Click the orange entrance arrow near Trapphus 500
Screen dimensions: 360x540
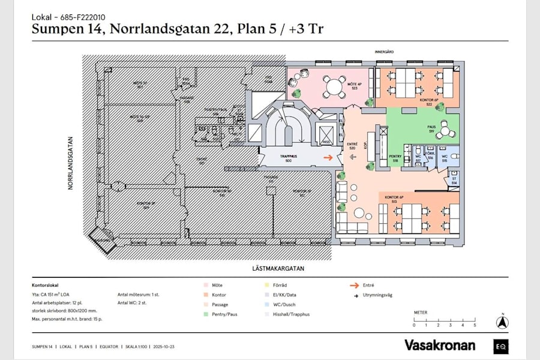click(x=328, y=158)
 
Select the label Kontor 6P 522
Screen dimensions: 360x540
click(x=426, y=102)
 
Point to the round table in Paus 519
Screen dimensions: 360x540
click(x=446, y=128)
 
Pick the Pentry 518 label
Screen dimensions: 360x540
click(x=395, y=159)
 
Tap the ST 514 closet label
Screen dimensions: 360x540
click(x=454, y=181)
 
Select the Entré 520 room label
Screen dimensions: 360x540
click(x=352, y=146)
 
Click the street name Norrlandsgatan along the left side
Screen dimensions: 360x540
click(x=70, y=161)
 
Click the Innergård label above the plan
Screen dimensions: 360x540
click(x=384, y=52)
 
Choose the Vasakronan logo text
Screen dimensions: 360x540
click(x=439, y=345)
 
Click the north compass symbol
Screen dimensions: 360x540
click(x=502, y=322)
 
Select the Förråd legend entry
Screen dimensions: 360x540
click(x=271, y=286)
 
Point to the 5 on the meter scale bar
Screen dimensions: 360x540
click(x=475, y=325)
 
